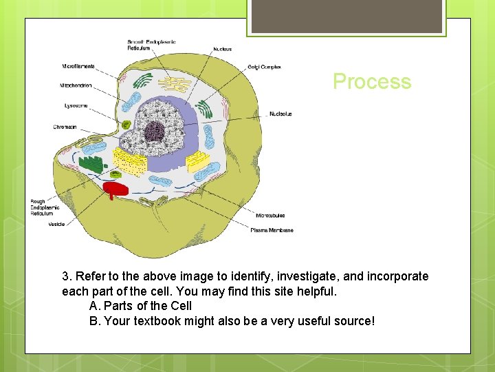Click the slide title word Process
click(372, 81)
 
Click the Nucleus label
click(222, 49)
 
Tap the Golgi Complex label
click(264, 67)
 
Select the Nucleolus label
click(280, 114)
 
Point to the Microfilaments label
click(78, 66)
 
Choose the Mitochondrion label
click(76, 86)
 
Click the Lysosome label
click(76, 105)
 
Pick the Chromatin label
click(65, 127)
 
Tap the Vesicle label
click(57, 224)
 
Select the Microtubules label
click(270, 215)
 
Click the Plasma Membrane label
click(272, 230)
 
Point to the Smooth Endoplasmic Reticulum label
click(151, 45)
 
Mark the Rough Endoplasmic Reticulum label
click(41, 207)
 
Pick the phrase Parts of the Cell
click(148, 306)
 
